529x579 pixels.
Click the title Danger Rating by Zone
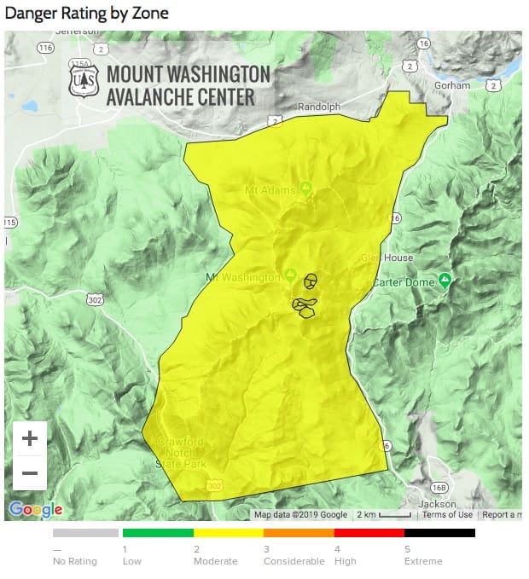86,14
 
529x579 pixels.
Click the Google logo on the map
35,509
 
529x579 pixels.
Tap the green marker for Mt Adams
305,188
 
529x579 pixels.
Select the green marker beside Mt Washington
290,276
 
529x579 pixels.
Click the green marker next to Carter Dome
445,281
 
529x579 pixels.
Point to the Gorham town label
451,85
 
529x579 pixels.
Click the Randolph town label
318,107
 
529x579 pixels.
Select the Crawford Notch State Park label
180,452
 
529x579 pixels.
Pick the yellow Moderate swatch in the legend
229,533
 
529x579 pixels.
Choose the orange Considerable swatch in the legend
299,533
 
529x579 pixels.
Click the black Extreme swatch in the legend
439,533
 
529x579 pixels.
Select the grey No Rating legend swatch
85,533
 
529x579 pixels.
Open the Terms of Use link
447,514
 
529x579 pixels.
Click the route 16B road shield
439,487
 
